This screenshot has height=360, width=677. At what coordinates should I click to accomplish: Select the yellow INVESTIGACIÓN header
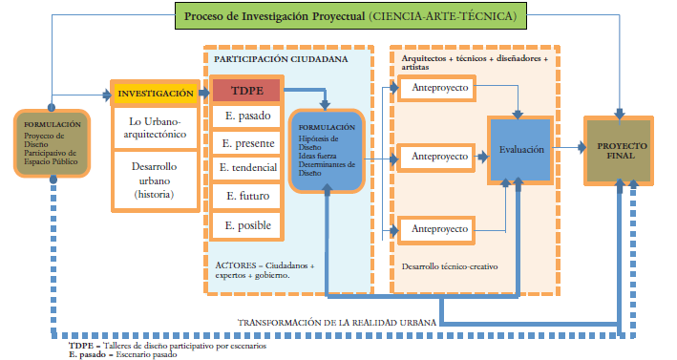point(155,94)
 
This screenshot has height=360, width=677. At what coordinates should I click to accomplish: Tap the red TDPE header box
point(245,91)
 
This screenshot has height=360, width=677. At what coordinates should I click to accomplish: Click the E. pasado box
point(245,117)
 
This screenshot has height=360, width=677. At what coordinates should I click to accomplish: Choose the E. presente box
point(245,144)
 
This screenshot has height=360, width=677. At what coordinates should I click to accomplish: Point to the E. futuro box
point(245,197)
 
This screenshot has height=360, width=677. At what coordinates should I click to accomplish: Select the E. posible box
point(245,225)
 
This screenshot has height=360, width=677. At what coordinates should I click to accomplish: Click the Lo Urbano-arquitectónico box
point(155,129)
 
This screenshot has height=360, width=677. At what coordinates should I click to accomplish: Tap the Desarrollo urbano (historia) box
point(155,179)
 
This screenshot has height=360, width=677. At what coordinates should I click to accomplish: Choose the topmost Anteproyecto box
point(439,89)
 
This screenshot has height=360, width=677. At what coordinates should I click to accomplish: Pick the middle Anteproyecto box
point(439,155)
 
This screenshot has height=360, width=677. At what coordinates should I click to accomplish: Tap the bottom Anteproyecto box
point(439,229)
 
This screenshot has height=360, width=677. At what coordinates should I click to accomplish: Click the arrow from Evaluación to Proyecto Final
point(568,148)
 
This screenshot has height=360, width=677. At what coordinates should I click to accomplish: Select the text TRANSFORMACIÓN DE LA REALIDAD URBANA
point(337,324)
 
